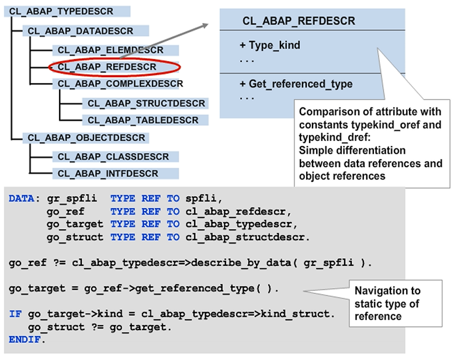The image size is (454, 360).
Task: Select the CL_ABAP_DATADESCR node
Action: point(79,30)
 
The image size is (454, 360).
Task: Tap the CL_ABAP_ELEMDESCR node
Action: point(110,50)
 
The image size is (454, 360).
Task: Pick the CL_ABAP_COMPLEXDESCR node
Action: point(120,84)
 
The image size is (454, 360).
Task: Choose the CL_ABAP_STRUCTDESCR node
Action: point(147,103)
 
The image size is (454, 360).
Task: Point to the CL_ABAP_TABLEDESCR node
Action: point(144,120)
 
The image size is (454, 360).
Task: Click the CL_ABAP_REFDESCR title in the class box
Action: point(298,22)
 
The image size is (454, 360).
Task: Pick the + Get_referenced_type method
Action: point(296,84)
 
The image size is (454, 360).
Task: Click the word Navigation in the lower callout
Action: point(378,290)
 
